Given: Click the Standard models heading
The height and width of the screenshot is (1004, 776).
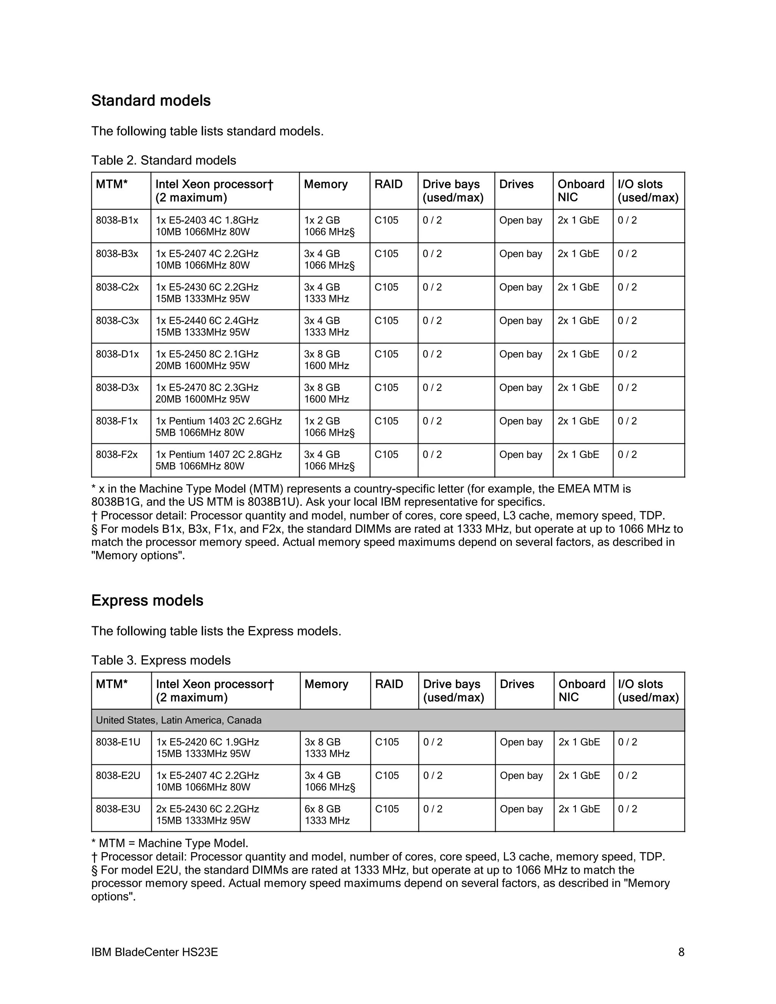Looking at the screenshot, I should [151, 101].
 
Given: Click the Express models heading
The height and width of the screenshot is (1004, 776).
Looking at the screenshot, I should [147, 601].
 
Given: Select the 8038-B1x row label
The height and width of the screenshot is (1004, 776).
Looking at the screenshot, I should [117, 221].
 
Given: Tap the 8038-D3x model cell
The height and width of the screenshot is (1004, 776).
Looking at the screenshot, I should [117, 388].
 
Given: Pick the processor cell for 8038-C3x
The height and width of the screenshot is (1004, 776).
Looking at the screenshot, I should [207, 326].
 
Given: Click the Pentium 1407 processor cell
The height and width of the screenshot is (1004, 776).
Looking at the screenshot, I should [218, 460].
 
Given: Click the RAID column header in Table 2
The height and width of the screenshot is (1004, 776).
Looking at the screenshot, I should [388, 185].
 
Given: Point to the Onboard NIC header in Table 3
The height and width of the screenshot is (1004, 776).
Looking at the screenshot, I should [582, 690].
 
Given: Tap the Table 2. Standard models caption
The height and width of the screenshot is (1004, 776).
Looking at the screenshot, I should [164, 160].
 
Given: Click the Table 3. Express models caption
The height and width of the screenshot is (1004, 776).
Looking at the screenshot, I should [161, 660].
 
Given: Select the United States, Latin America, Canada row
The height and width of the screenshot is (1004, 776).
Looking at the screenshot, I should [178, 720].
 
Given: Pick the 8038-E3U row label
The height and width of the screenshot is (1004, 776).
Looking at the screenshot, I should [118, 809].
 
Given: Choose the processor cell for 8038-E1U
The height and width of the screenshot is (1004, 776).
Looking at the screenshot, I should [207, 748].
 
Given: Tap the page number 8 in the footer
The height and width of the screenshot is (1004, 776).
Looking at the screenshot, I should [681, 952].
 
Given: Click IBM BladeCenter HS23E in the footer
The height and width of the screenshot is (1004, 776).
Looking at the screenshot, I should [155, 952].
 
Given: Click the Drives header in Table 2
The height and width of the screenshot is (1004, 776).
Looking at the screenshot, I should [516, 185].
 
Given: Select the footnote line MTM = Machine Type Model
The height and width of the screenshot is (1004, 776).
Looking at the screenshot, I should [170, 844].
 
